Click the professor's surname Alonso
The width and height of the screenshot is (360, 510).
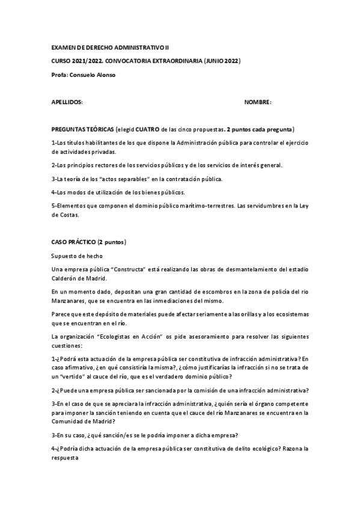coord(103,75)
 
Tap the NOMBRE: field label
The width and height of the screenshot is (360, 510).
coord(258,102)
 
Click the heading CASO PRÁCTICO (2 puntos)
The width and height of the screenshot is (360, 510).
coord(89,242)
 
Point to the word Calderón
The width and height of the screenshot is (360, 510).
coord(65,278)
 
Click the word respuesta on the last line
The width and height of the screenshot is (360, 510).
coord(66,458)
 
